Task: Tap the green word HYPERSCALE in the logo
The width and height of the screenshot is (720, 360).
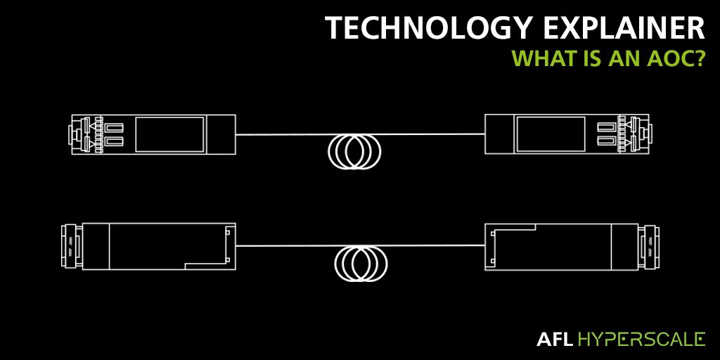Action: pos(641,340)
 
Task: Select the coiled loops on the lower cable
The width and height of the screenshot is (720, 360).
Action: pos(360,263)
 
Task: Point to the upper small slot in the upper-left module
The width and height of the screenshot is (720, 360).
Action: pos(115,127)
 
